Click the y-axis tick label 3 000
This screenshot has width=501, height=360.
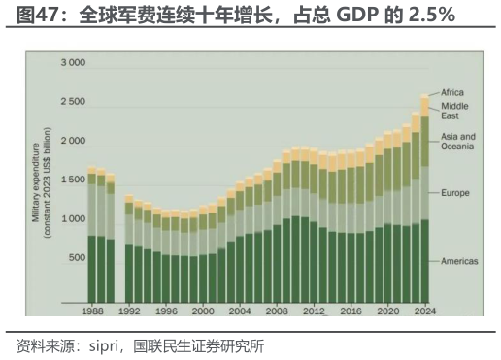73,63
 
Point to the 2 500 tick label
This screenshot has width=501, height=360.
73,102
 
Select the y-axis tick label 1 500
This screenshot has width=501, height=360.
73,180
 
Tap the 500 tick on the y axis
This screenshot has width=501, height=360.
77,258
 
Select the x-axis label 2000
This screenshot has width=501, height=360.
203,311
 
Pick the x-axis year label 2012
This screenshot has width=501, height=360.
313,311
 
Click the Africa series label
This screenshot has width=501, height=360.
452,92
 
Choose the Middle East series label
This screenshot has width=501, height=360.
455,111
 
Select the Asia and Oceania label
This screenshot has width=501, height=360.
458,142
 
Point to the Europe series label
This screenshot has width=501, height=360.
454,193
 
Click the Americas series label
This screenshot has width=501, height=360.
459,263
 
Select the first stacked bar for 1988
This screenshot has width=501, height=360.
92,233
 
